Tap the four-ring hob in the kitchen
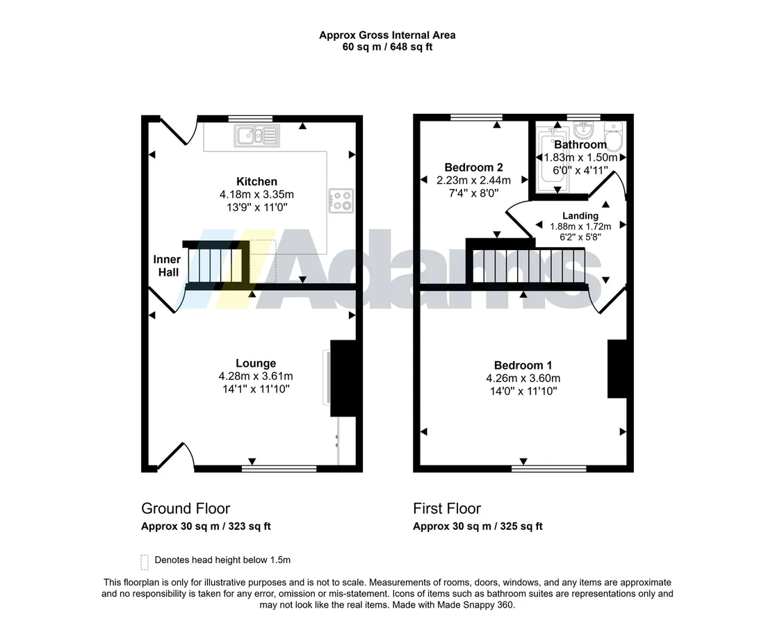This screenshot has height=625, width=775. (341, 201)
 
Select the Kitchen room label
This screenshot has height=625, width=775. (256, 181)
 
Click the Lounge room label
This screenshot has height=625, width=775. (256, 363)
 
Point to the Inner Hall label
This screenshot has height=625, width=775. (168, 265)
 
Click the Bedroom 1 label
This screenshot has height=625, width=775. (523, 365)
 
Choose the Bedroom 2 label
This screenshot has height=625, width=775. (473, 167)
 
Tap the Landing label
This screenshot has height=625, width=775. (580, 216)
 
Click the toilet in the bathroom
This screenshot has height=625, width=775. (614, 137)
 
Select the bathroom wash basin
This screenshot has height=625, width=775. (585, 131)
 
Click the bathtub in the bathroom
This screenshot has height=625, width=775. (553, 160)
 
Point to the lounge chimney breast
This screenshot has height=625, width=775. (343, 378)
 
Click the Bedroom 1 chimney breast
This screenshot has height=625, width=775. (617, 368)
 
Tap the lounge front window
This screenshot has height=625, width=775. (279, 468)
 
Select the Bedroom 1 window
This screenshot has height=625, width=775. (548, 468)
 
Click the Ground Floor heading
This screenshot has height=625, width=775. (186, 508)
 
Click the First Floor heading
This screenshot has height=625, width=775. (447, 508)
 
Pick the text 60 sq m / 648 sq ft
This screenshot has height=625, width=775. (388, 47)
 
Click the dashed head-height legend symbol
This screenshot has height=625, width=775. (145, 562)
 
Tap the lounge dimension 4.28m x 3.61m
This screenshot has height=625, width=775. (256, 376)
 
